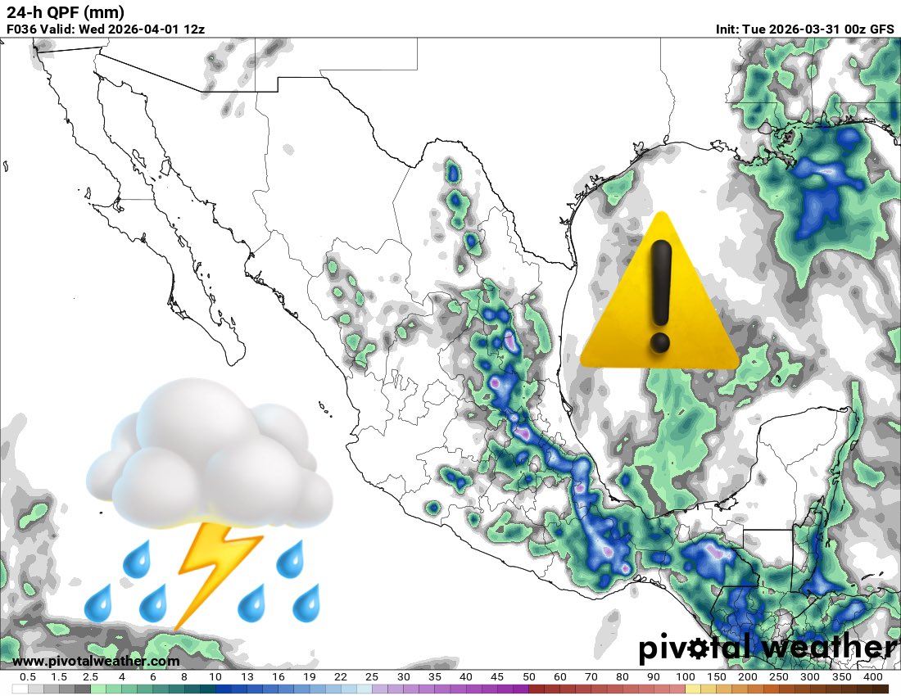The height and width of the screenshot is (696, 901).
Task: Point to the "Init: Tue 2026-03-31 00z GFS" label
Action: click(x=804, y=29)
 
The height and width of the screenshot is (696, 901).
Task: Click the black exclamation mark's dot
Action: click(x=659, y=342)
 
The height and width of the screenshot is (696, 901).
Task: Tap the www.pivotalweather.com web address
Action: click(x=96, y=661)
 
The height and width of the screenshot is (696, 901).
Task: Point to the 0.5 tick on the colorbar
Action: click(x=27, y=677)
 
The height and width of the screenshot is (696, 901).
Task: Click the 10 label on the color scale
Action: click(x=215, y=677)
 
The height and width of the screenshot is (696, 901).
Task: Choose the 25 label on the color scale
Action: click(x=372, y=677)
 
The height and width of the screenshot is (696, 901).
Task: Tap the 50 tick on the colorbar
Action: click(x=528, y=677)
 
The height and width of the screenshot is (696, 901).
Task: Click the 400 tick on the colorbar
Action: click(x=872, y=677)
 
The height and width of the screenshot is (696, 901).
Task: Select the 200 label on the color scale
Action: click(x=747, y=677)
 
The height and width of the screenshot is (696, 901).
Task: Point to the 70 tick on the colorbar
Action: click(x=591, y=677)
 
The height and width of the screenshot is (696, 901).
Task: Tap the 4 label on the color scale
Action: click(x=121, y=677)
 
